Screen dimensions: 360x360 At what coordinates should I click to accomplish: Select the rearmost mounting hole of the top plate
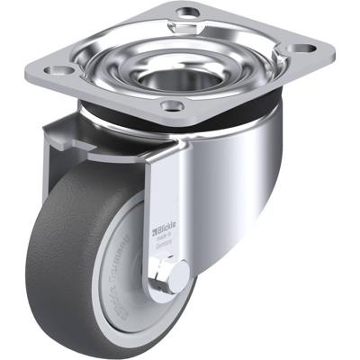[187, 12]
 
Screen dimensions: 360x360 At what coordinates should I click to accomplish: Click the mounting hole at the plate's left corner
[62, 68]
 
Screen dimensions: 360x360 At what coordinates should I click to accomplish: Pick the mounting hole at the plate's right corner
[303, 47]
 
